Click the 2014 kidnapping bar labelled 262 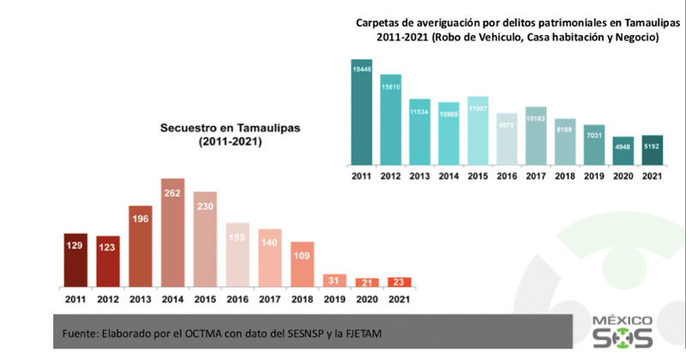173,232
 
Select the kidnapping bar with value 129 75,259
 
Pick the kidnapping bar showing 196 141,246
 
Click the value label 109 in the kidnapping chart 303,256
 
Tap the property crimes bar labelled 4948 623,150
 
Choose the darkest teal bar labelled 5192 653,149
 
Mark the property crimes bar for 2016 507,138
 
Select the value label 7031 594,134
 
